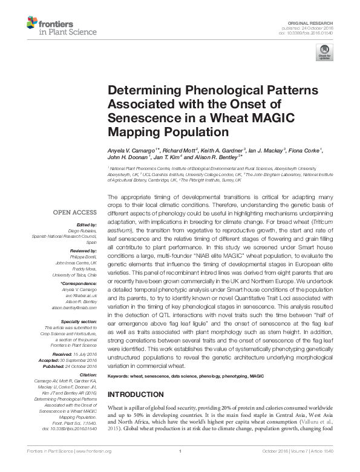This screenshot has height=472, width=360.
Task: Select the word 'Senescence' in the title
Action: tap(142, 117)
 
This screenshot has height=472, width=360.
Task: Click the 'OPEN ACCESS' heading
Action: tap(74, 212)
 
